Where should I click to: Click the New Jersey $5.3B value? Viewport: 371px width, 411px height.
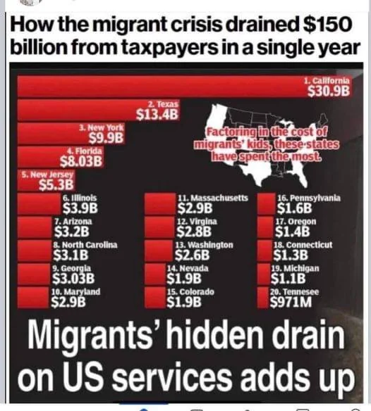(56, 185)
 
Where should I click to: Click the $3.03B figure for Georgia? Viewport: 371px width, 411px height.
(74, 278)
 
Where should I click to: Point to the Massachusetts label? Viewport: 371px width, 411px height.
(211, 198)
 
